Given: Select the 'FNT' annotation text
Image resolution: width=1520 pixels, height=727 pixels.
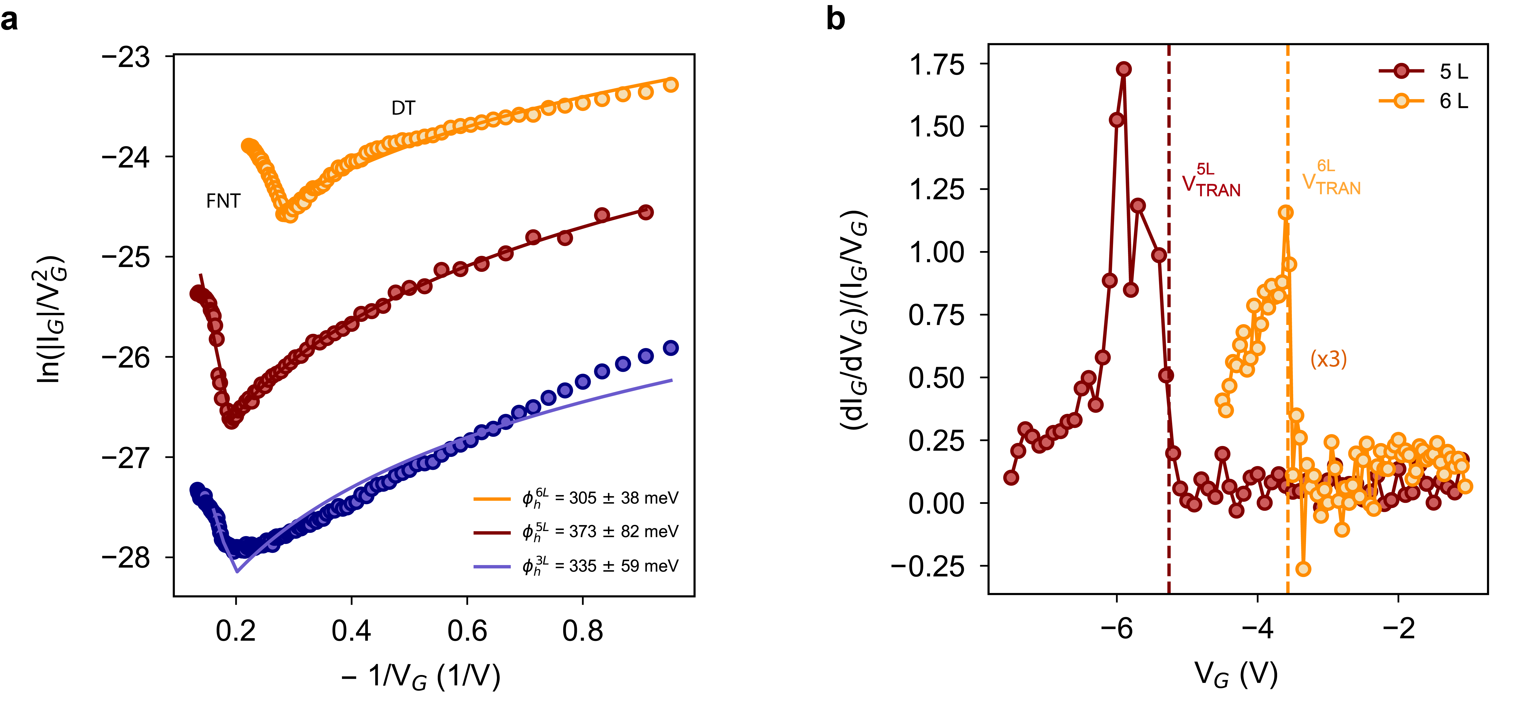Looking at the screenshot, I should pyautogui.click(x=223, y=201).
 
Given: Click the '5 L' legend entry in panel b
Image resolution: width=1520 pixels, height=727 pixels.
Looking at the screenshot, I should pyautogui.click(x=1453, y=71).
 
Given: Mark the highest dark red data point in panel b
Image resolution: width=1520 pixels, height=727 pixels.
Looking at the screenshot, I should pyautogui.click(x=1123, y=69).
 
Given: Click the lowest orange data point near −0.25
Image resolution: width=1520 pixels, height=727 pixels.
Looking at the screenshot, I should pyautogui.click(x=1303, y=569).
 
